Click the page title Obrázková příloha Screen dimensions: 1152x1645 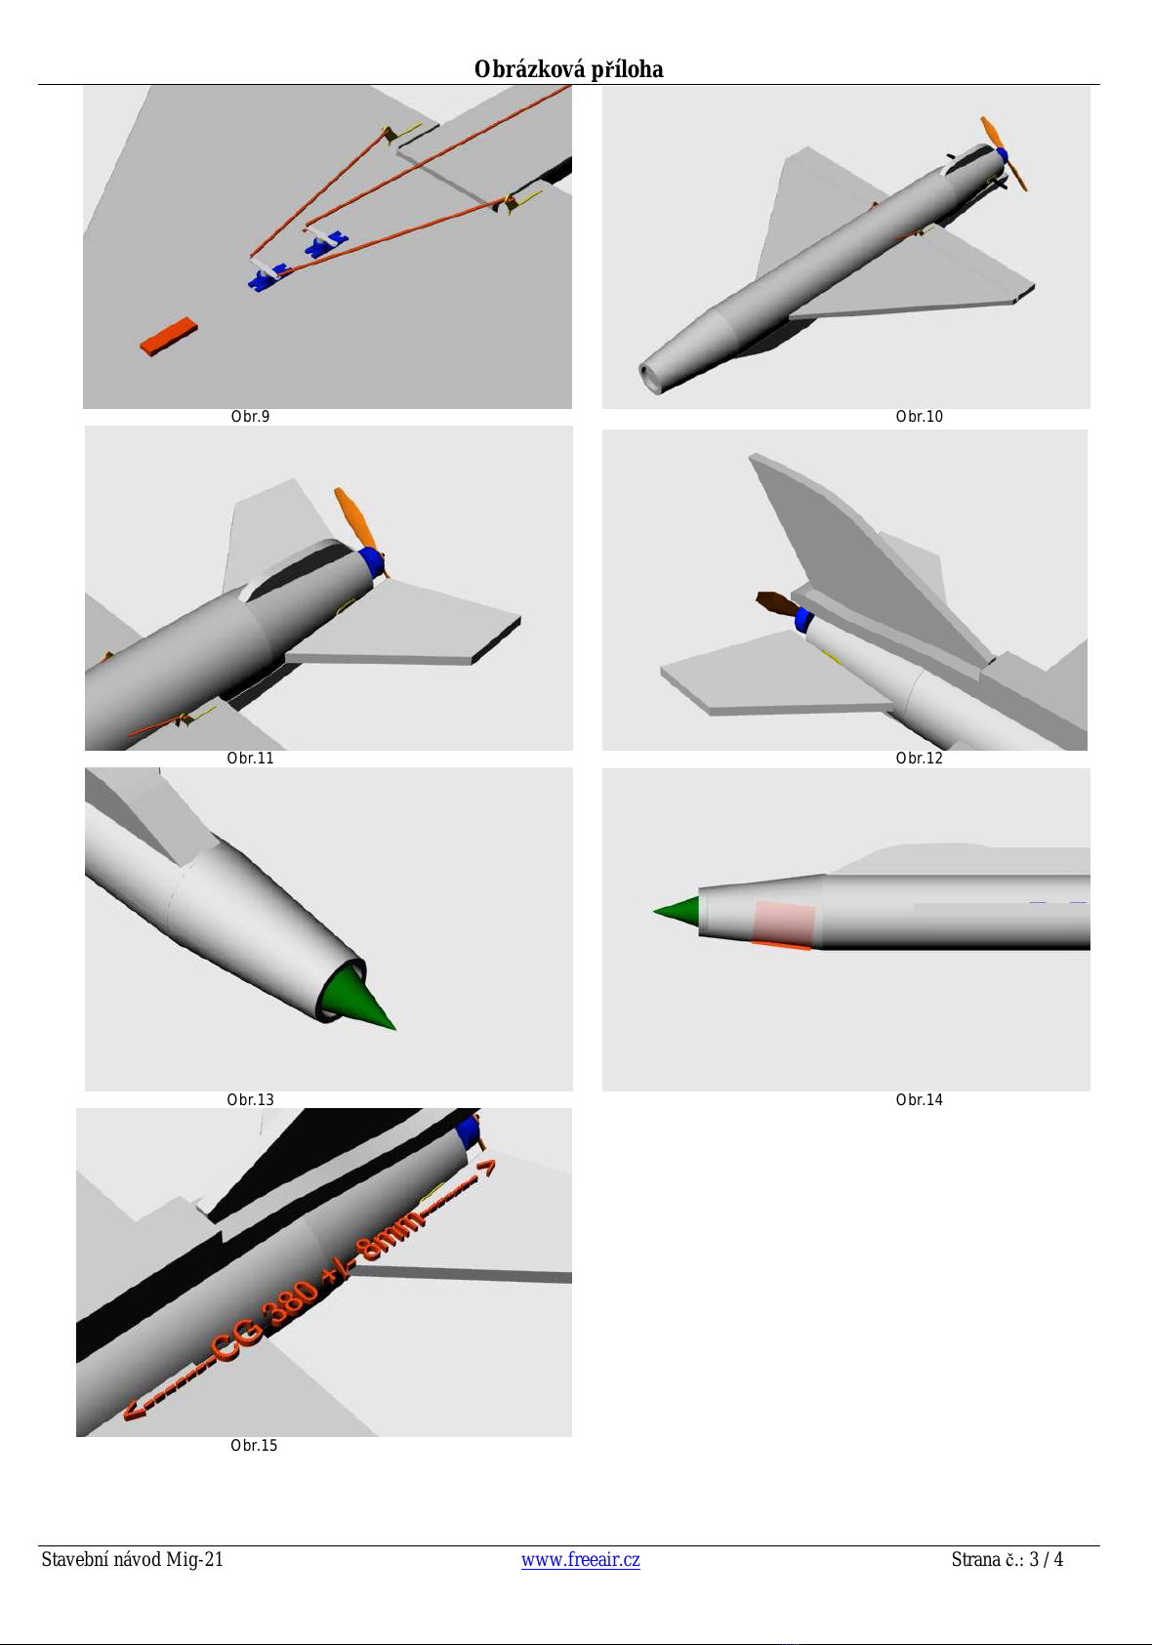click(x=568, y=69)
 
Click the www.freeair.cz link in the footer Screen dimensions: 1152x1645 click(x=580, y=1558)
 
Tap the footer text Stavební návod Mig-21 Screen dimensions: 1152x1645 click(x=132, y=1559)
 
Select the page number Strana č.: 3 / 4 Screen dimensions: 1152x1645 click(x=1007, y=1559)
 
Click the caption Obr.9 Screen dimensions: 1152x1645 click(x=250, y=417)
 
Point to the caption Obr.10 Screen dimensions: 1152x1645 click(x=919, y=417)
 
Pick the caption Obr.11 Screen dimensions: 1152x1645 click(x=250, y=758)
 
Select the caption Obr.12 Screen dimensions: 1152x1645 click(x=919, y=758)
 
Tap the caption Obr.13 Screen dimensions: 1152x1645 click(x=250, y=1099)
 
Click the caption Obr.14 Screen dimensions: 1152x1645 click(x=919, y=1099)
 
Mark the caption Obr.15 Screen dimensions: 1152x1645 click(x=254, y=1445)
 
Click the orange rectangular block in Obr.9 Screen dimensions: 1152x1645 click(x=169, y=337)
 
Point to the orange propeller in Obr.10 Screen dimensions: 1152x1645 click(x=1004, y=152)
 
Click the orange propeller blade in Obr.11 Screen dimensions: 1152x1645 click(x=353, y=517)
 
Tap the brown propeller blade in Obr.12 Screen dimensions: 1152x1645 click(x=776, y=603)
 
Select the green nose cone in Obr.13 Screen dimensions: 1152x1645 click(x=356, y=999)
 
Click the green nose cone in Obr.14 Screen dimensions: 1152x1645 click(x=677, y=911)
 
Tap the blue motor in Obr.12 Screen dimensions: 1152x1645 click(x=803, y=620)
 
